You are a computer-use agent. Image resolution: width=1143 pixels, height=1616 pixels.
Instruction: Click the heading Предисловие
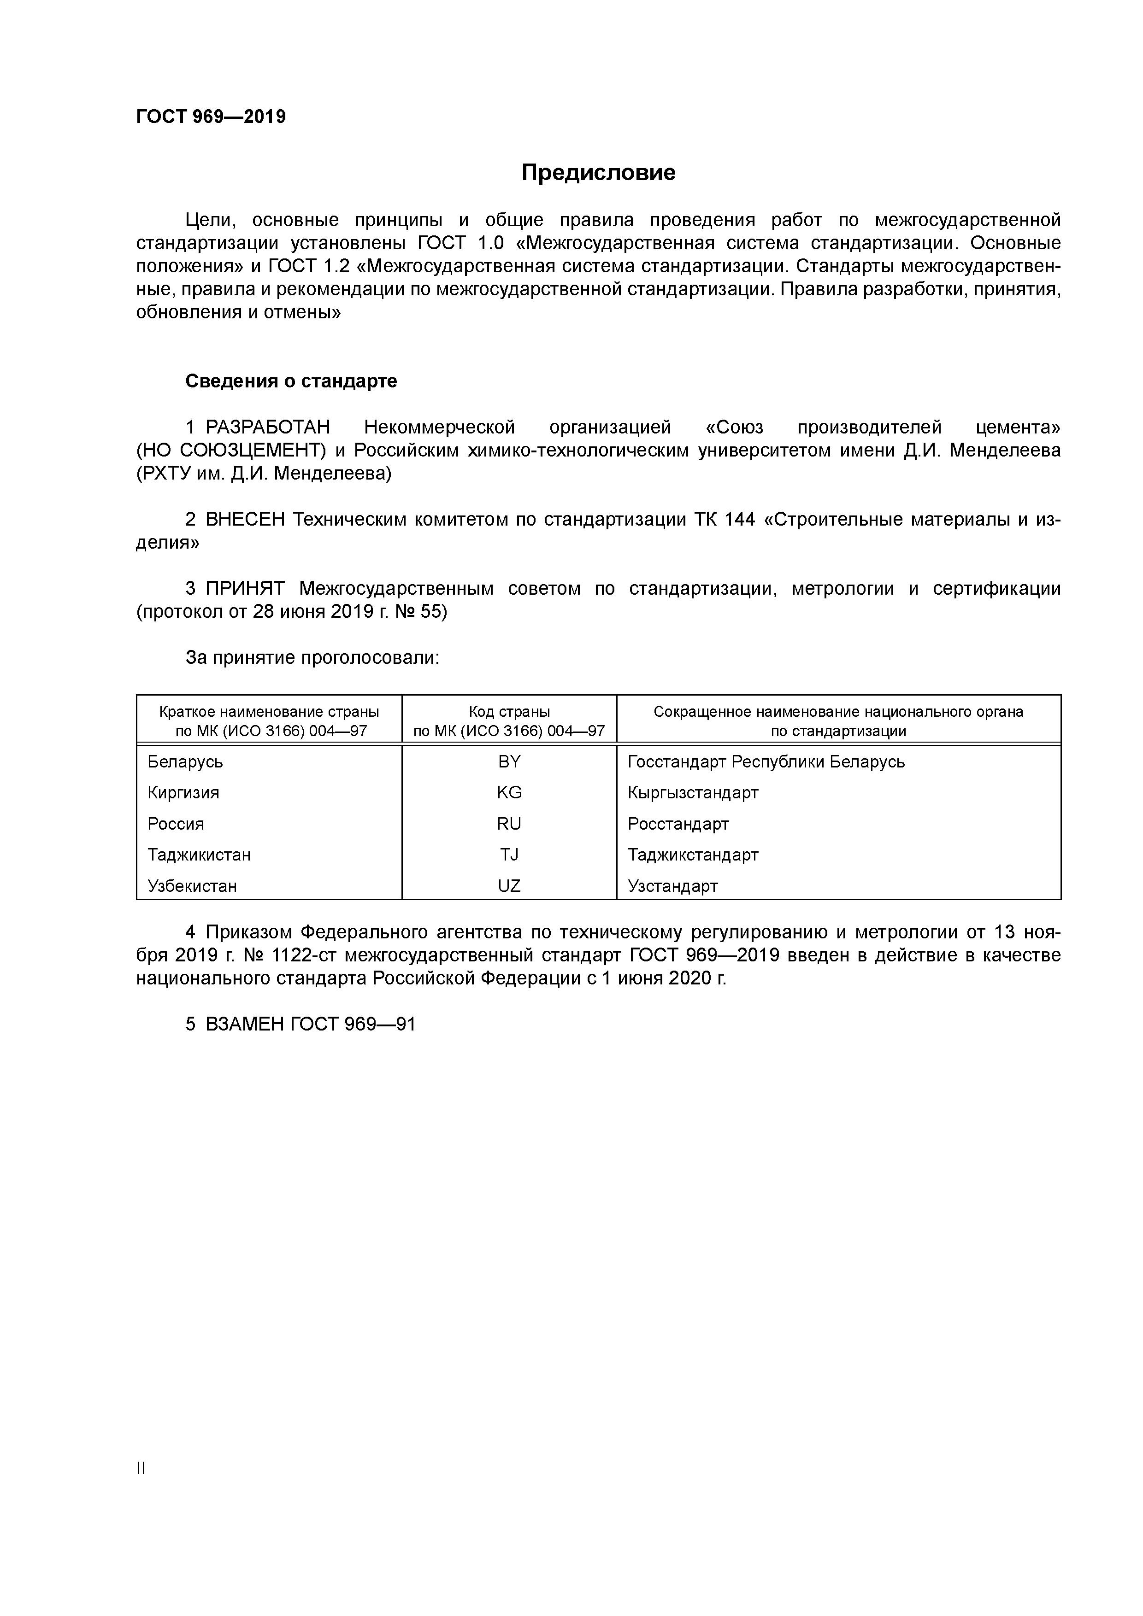tap(598, 172)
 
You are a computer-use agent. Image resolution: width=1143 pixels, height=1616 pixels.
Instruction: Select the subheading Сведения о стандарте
tap(291, 381)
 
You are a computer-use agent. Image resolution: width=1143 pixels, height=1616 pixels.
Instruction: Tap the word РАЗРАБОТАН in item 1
tap(268, 427)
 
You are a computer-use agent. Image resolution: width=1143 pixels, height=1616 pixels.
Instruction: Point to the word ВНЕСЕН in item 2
tap(245, 520)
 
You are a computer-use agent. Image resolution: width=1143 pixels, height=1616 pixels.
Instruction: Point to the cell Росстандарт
tap(678, 824)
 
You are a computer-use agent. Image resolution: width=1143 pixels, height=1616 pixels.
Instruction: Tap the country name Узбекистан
tap(192, 885)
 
